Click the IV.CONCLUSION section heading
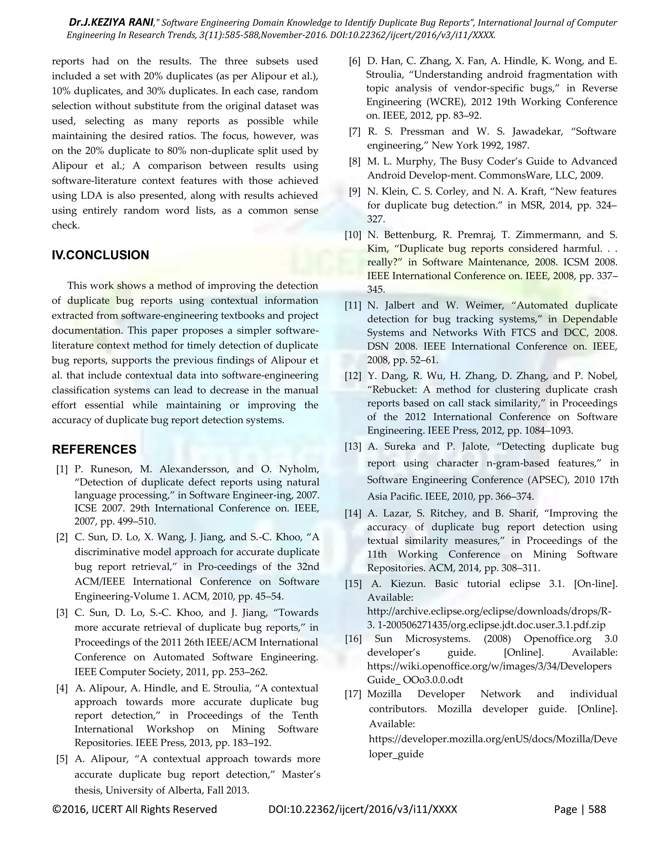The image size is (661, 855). (100, 255)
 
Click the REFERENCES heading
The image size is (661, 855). (94, 449)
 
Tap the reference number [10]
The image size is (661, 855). (353, 235)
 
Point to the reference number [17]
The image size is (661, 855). (353, 694)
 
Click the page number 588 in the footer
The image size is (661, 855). (597, 810)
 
